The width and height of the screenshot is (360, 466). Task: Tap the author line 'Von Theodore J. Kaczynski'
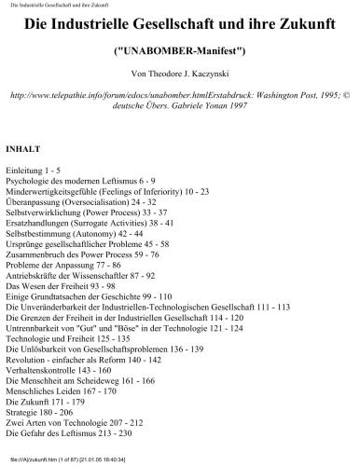pyautogui.click(x=180, y=72)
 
